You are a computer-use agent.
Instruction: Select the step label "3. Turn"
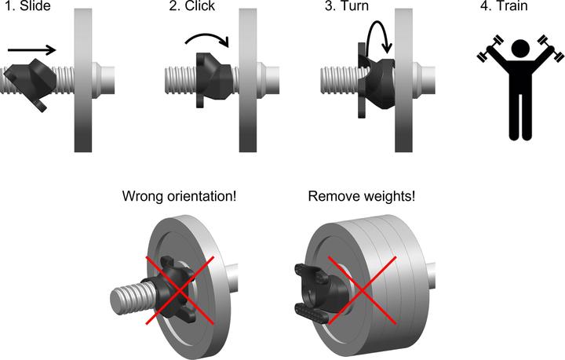346,8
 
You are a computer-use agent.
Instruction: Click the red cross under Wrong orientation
179,288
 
